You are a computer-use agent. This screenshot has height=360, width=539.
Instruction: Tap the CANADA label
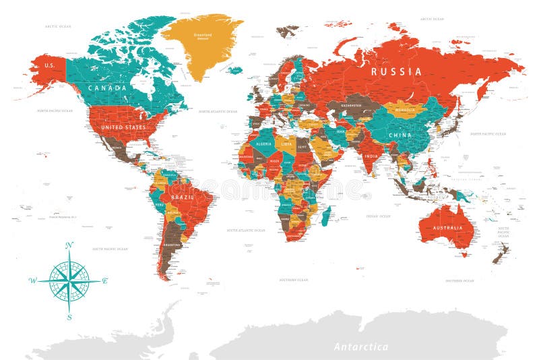coord(106,88)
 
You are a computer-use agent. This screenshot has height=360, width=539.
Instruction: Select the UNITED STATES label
coord(123,127)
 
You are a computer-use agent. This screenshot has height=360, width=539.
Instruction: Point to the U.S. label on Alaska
coord(49,65)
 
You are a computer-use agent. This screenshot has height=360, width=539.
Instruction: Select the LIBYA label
coord(287,144)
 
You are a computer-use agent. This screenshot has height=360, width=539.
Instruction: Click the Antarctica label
coord(361,347)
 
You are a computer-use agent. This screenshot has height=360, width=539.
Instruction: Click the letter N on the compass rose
coord(69,245)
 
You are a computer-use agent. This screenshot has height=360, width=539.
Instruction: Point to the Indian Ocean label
coord(377,216)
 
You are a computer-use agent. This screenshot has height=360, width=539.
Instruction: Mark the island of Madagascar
coord(325,216)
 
